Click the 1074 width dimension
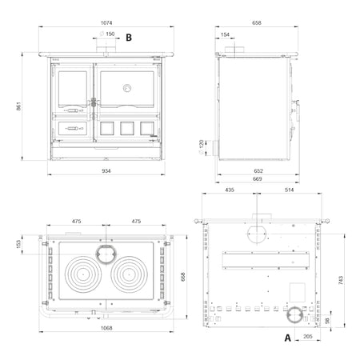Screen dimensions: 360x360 pos(106,23)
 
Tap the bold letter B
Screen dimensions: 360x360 pos(129,38)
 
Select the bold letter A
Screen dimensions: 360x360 pos(287,338)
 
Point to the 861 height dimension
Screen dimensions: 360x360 pos(18,106)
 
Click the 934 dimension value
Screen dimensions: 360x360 pos(106,170)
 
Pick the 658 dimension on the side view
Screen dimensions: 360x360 pos(257,23)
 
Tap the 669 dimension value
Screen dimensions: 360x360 pos(257,179)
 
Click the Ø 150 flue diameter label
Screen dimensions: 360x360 pos(107,34)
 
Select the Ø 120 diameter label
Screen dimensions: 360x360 pos(201,147)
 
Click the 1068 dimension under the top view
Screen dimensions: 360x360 pos(106,328)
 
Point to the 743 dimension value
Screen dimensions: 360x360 pos(341,280)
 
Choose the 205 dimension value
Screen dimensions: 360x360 pos(308,337)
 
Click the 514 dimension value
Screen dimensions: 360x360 pos(289,190)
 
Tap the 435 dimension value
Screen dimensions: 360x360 pos(230,190)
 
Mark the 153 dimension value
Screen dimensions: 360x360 pos(18,244)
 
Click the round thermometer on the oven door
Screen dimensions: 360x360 pos(127,88)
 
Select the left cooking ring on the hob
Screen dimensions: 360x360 pos(83,274)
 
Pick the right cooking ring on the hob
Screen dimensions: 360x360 pos(129,274)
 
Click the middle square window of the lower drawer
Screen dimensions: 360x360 pos(127,128)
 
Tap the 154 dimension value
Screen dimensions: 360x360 pos(225,34)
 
